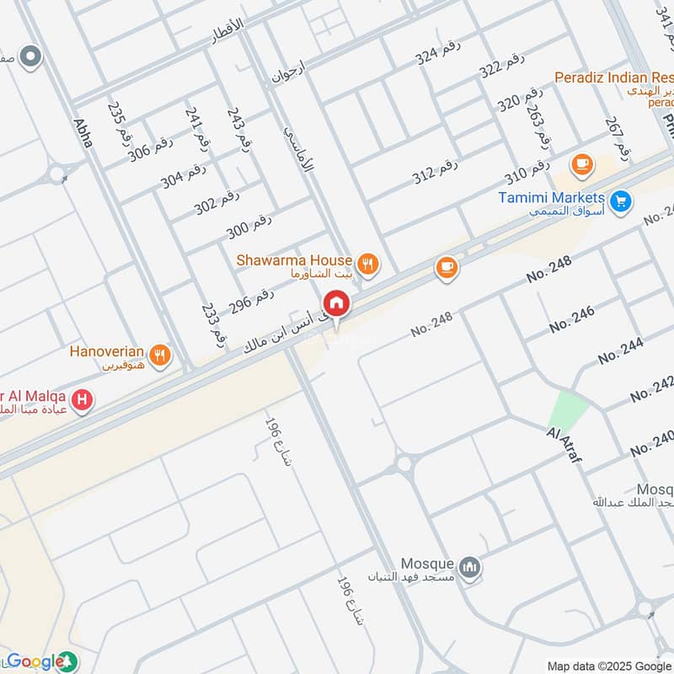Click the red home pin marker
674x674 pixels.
(336, 303)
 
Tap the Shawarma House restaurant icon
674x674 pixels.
(367, 265)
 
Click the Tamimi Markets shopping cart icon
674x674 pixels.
(621, 201)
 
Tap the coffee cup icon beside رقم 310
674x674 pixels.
(581, 165)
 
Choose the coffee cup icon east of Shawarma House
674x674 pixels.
(447, 268)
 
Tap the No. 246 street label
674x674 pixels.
(571, 319)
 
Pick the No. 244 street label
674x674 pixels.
(620, 350)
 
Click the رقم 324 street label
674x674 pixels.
(437, 56)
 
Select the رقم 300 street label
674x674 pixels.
(249, 227)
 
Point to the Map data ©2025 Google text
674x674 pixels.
(609, 665)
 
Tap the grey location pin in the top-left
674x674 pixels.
(31, 57)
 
